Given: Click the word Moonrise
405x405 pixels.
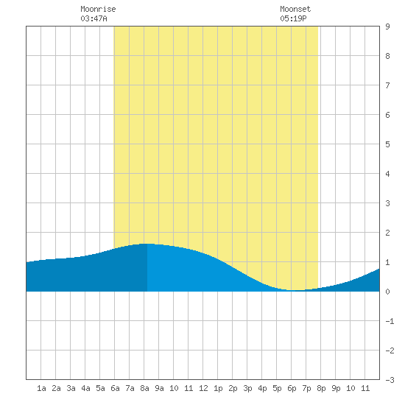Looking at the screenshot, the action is tap(98, 9).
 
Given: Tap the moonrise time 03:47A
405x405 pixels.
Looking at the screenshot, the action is tap(94, 18).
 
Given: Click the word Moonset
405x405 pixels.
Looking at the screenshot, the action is tap(295, 9).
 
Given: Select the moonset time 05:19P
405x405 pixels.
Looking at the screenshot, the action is tap(293, 18).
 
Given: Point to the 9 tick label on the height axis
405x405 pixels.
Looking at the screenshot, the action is tap(387, 27).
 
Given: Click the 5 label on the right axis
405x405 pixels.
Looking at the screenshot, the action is tap(387, 144).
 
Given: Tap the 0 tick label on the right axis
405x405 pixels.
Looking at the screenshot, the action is tap(387, 292).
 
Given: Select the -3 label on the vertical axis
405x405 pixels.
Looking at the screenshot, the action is tap(390, 380).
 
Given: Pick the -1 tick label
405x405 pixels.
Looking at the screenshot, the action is tap(390, 321).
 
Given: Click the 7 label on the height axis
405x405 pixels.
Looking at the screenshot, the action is tap(387, 85).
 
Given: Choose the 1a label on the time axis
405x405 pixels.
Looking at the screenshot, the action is tap(41, 388).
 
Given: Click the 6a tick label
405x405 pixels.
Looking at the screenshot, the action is tap(115, 388).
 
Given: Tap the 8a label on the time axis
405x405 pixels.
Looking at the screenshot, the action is tap(144, 388).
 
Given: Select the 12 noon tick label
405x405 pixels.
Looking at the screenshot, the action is tap(203, 388).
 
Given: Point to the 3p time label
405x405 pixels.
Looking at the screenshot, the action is tap(247, 388).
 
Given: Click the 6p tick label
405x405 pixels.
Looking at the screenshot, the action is tap(292, 388).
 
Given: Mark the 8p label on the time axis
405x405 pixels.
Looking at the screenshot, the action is tap(321, 388).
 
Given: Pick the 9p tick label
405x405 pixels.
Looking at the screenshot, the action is tap(336, 388).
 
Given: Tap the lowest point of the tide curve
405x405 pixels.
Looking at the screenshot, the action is tap(297, 290).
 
